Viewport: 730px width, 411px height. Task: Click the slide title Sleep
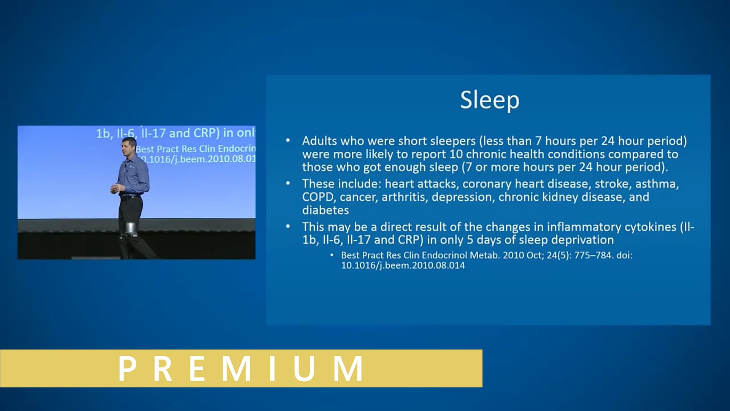pos(489,100)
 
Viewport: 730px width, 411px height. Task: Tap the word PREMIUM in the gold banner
pos(241,368)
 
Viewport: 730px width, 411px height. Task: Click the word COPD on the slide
pos(318,197)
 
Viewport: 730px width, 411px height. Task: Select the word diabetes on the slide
pos(325,210)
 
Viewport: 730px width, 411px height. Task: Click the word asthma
pos(657,184)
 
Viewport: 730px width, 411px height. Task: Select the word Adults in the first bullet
pos(319,141)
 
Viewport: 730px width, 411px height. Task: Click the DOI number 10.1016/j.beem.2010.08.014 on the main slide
pos(403,265)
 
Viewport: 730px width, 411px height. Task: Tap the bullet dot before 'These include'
pos(288,183)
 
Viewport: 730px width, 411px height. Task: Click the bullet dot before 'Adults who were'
pos(288,140)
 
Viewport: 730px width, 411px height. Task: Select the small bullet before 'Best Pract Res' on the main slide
pos(332,255)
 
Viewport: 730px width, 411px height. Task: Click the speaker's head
pos(129,146)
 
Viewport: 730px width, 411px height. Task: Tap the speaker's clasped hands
pos(116,188)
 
